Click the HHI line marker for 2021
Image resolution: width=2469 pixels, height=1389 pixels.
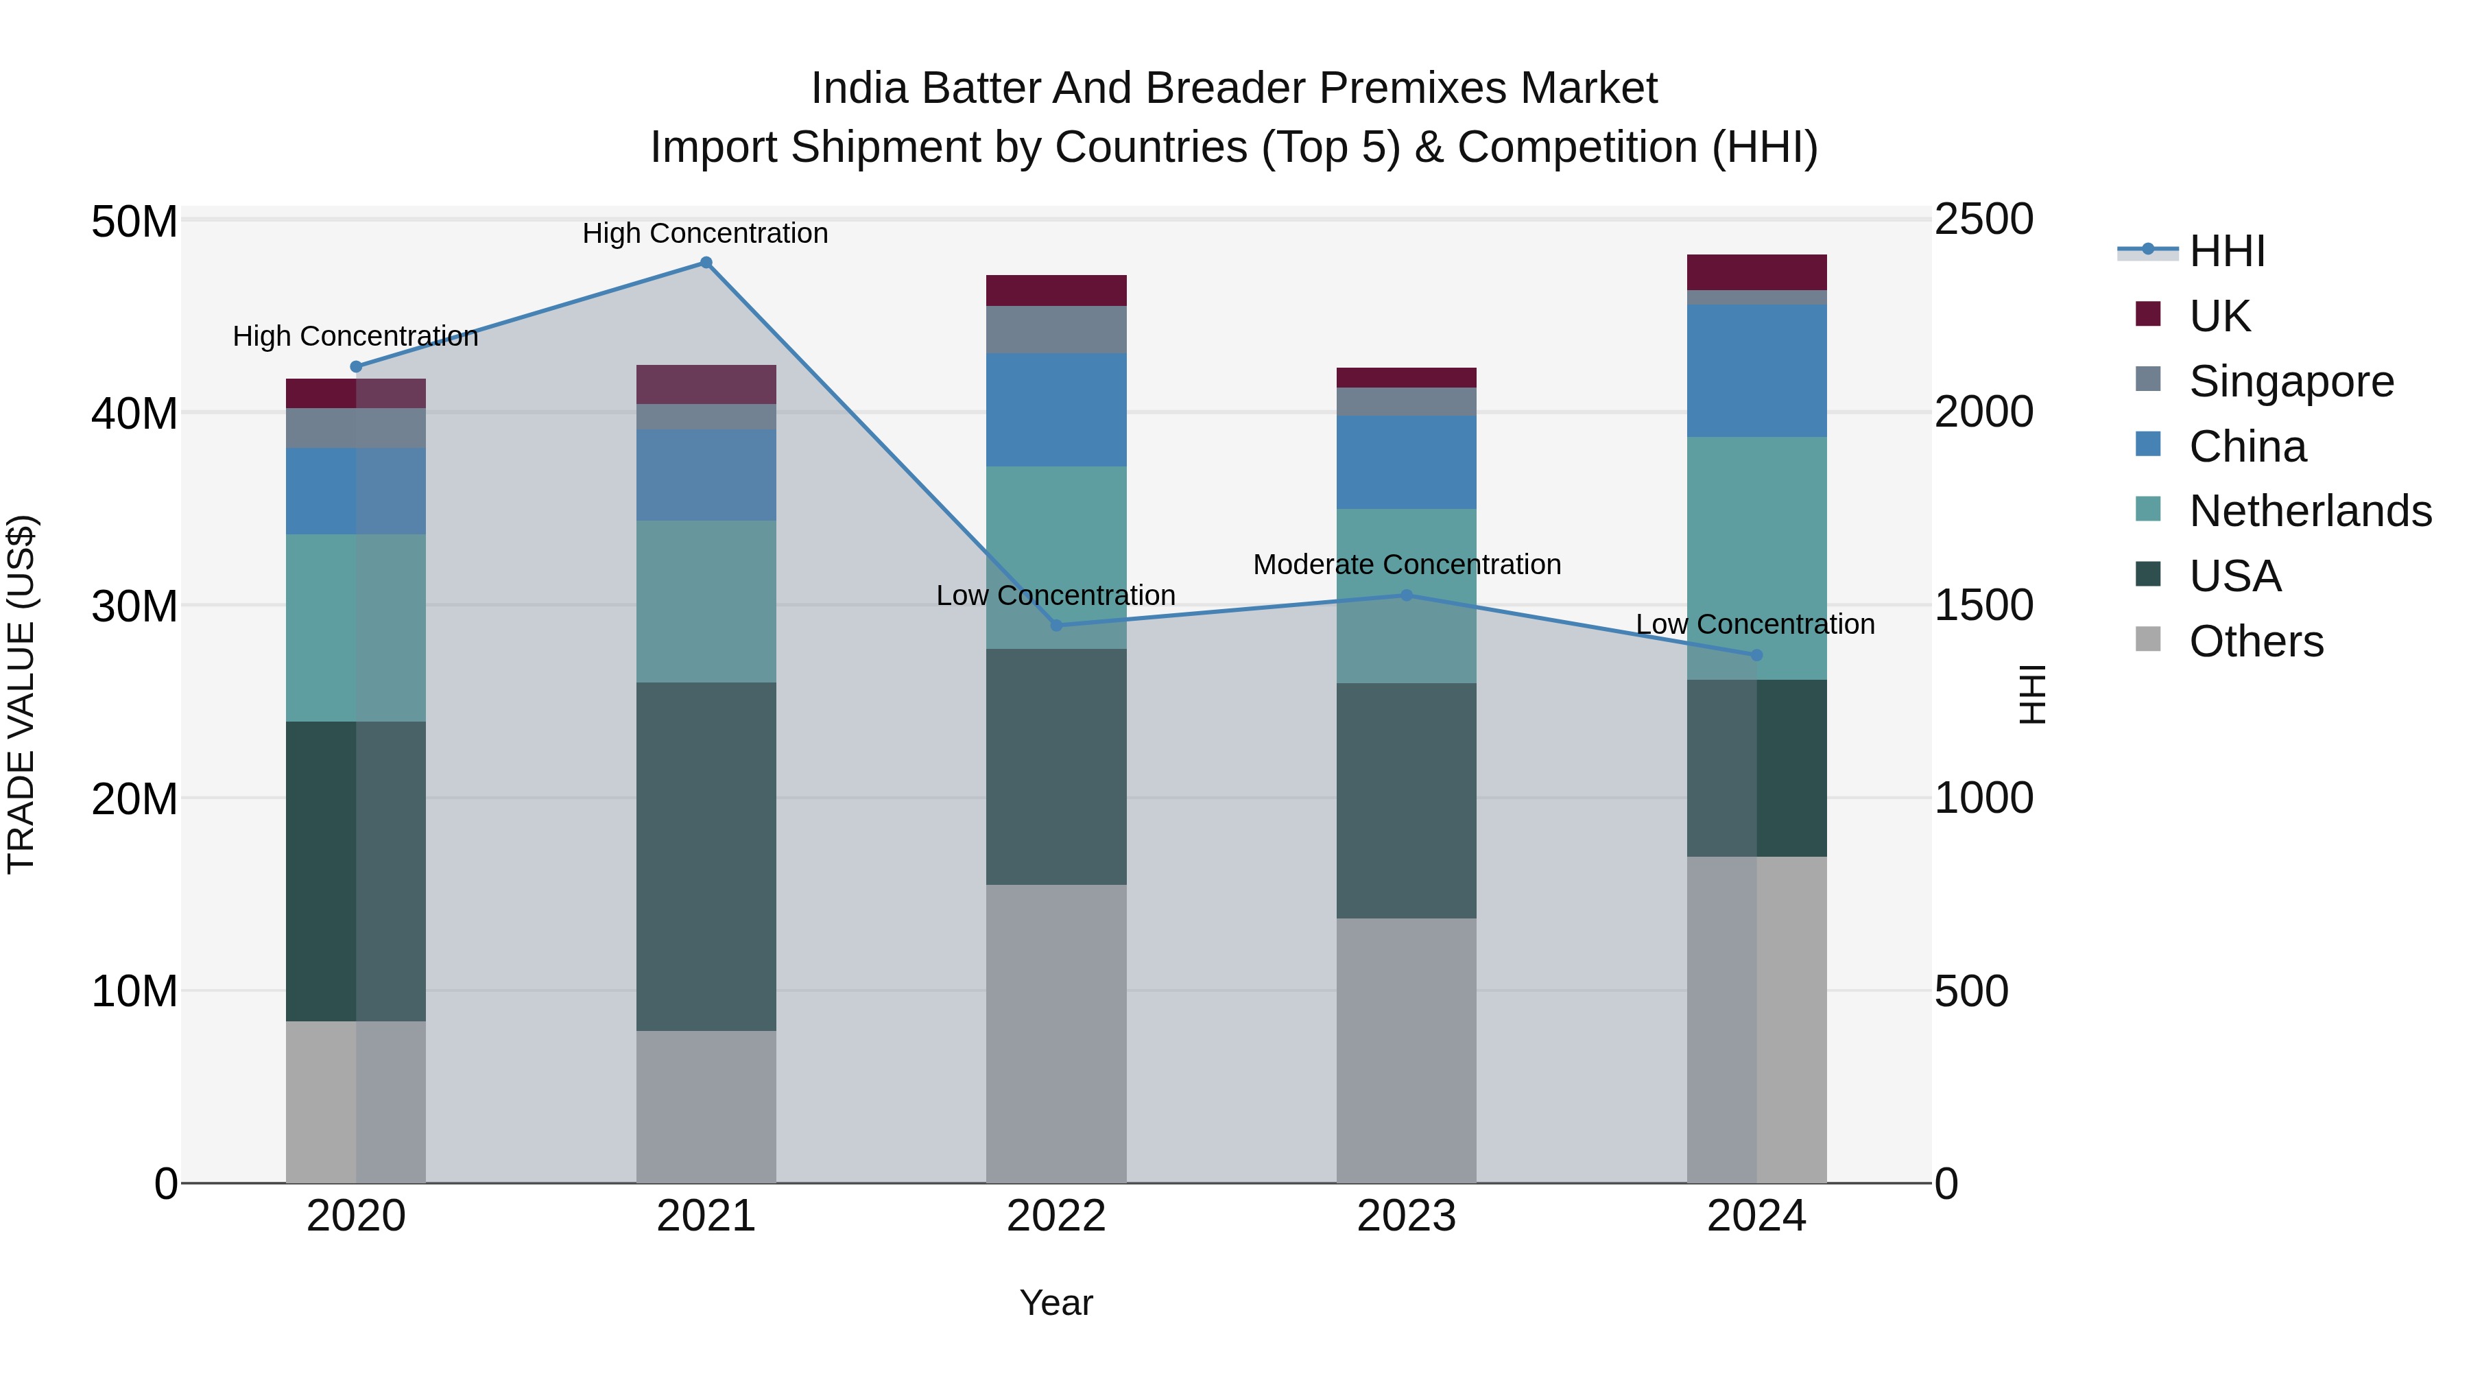[x=706, y=263]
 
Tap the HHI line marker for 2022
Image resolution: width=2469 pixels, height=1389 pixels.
[x=1056, y=625]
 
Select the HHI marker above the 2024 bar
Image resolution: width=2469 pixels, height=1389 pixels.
[x=1756, y=656]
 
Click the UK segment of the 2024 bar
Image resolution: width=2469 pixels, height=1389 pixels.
[x=1756, y=272]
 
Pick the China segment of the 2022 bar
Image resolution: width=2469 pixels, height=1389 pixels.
[x=1056, y=410]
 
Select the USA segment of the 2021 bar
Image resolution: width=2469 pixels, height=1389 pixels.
[x=706, y=856]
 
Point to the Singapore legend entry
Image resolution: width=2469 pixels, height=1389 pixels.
[x=2291, y=381]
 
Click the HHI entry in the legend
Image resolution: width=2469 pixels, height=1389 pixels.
[x=2226, y=251]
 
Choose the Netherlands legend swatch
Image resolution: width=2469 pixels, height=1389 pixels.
[x=2148, y=510]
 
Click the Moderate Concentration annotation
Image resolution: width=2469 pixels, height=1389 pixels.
[x=1406, y=565]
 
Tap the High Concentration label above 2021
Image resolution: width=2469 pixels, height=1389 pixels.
[x=706, y=233]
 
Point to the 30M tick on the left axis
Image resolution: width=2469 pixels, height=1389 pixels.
[x=134, y=606]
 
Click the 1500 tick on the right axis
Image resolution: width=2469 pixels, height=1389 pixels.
[x=1983, y=605]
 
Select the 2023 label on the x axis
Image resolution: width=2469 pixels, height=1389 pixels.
[x=1406, y=1216]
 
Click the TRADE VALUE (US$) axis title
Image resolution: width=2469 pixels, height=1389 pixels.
[x=21, y=694]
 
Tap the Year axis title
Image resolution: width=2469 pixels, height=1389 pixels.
[x=1056, y=1303]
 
